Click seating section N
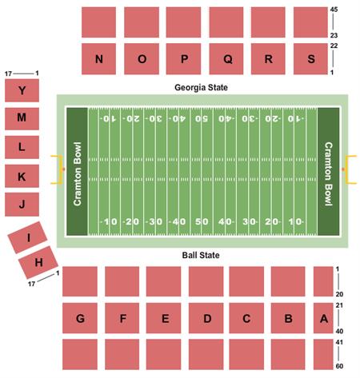100,59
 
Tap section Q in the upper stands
227,59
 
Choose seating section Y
22,91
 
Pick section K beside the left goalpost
22,176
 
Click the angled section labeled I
27,237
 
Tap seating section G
80,319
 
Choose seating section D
206,319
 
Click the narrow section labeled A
323,319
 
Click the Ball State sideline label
200,256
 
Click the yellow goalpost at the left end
58,169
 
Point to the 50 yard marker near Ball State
203,221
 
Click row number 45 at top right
335,10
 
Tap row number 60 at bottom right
339,366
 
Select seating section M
22,118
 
